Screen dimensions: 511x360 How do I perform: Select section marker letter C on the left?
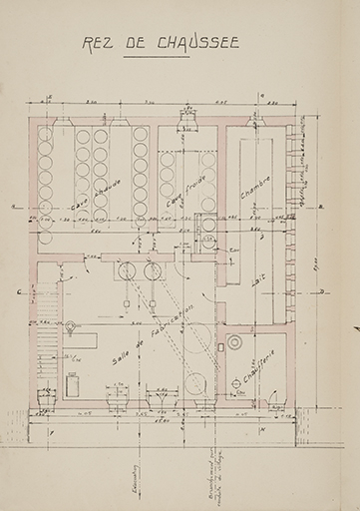21,290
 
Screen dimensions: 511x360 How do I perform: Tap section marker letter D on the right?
322,291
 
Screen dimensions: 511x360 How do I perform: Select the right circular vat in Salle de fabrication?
153,269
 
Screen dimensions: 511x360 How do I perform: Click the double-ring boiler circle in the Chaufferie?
235,341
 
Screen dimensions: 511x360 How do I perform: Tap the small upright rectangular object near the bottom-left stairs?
72,382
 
